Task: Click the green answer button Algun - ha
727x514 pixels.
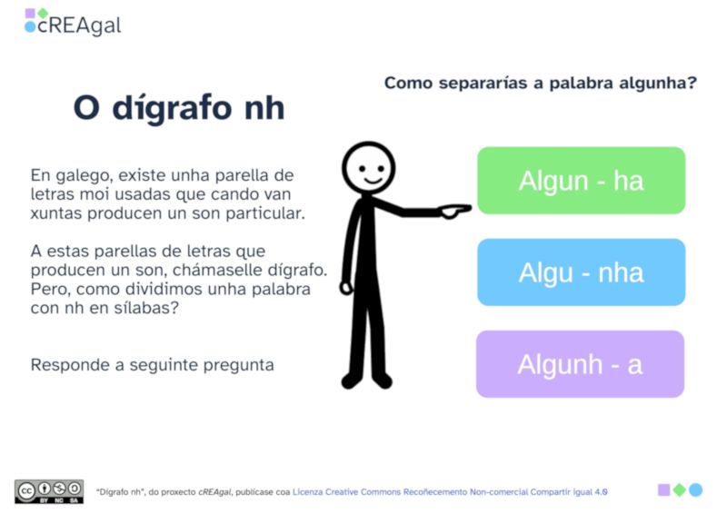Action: (x=581, y=181)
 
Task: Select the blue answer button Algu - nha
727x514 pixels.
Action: (x=581, y=272)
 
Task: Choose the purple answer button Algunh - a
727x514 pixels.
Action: (x=580, y=364)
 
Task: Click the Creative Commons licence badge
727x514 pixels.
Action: (x=49, y=491)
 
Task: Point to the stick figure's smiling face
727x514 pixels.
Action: (x=368, y=167)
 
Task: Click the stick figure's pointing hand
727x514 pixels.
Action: (x=454, y=211)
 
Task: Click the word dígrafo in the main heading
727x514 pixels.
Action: (x=172, y=108)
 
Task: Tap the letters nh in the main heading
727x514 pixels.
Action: (x=264, y=108)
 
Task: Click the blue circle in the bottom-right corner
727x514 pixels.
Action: (x=695, y=489)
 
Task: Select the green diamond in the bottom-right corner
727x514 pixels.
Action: (x=680, y=489)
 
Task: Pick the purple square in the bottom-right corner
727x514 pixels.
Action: (x=664, y=489)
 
